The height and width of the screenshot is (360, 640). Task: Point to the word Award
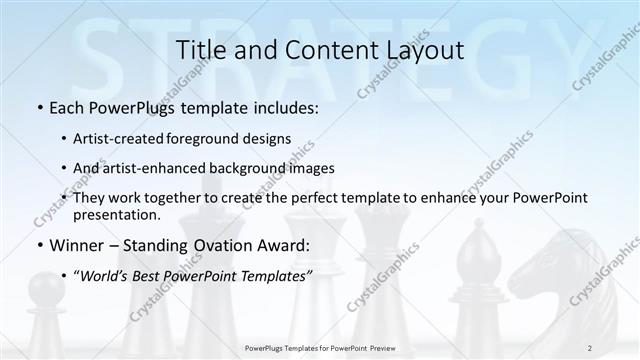(288, 245)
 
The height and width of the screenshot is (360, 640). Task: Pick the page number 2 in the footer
(590, 347)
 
